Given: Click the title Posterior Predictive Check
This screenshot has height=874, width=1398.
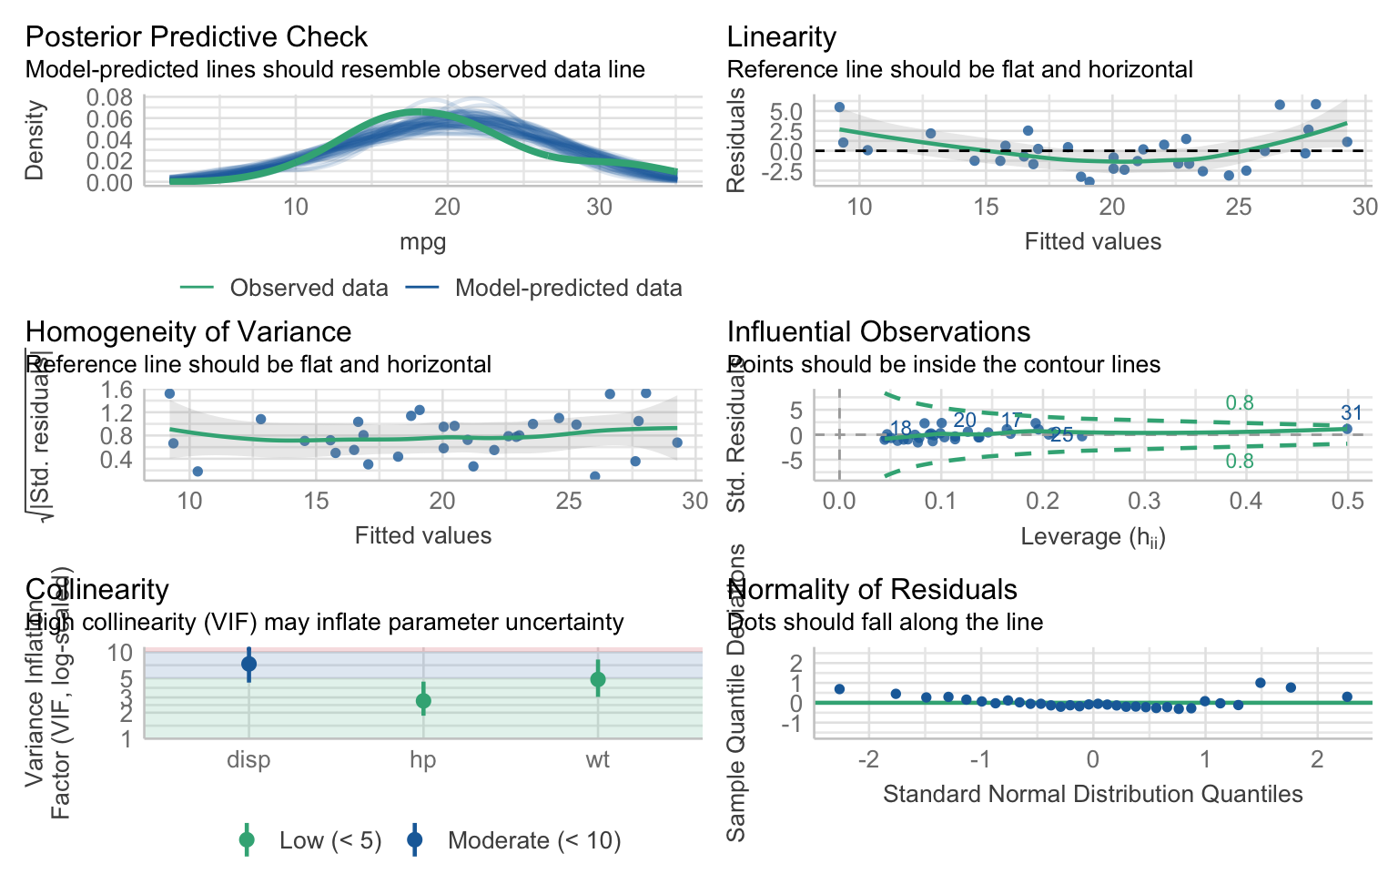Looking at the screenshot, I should point(196,37).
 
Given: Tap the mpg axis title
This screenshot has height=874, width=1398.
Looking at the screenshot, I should point(423,242).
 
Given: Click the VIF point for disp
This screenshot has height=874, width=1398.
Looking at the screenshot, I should point(248,665).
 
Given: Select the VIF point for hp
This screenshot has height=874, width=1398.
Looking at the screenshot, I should point(423,701).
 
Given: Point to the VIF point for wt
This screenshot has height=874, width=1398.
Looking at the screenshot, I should point(598,679).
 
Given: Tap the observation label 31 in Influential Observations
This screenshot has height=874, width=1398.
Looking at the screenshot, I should point(1352,413).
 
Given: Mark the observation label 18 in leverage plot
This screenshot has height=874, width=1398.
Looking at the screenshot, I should point(900,429).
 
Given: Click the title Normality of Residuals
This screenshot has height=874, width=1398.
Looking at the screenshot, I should point(872,590).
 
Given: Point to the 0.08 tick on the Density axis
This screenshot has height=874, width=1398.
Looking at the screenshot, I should point(114,97).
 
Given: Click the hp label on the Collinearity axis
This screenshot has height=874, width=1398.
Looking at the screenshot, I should point(423,760).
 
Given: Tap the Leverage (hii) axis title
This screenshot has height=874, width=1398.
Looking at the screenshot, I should point(1093,537).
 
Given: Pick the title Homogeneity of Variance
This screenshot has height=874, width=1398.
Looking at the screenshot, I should point(188,332).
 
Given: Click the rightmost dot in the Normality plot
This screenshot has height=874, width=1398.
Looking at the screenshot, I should point(1347,696).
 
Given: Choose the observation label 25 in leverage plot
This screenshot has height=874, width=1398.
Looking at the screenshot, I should point(1061,436).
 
